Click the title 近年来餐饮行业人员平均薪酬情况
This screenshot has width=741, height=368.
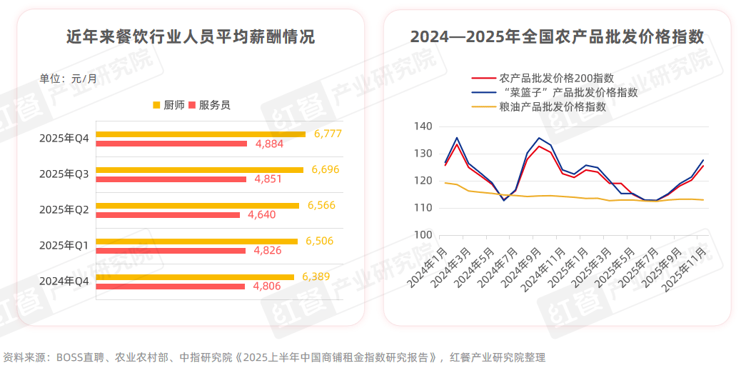(x=190, y=37)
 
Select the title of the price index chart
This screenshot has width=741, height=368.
(x=558, y=37)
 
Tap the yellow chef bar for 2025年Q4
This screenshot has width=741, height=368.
(x=201, y=134)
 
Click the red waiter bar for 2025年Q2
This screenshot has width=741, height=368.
(x=168, y=215)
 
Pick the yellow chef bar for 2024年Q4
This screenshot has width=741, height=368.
(x=195, y=277)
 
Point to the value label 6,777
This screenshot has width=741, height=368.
(x=328, y=134)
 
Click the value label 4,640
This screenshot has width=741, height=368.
(x=261, y=215)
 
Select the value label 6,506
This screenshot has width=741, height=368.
(x=319, y=241)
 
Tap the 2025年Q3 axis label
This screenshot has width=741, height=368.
(x=64, y=174)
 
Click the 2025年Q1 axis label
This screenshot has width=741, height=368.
(x=64, y=245)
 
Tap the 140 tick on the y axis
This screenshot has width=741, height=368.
(x=423, y=126)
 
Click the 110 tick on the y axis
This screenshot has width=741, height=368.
(x=423, y=208)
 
